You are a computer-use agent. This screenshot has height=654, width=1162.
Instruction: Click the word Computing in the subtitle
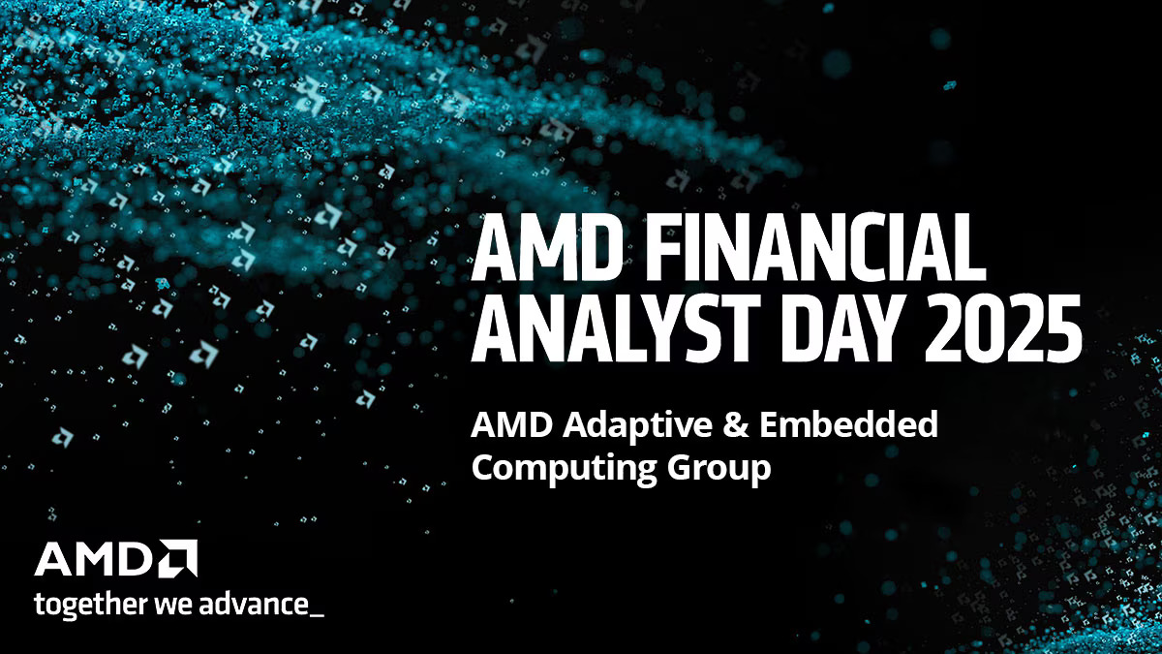pos(561,469)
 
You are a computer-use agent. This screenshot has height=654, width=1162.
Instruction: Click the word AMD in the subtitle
pos(502,424)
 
